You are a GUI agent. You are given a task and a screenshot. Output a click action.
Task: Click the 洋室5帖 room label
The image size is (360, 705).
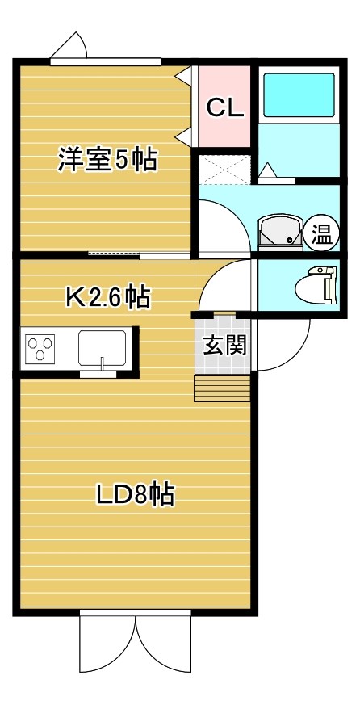tap(107, 160)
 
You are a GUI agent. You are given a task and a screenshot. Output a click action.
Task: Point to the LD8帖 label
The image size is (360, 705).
tap(136, 494)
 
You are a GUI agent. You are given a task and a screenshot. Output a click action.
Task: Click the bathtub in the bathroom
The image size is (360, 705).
tap(299, 95)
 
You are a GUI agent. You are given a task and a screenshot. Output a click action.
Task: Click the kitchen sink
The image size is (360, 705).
tap(102, 349)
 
